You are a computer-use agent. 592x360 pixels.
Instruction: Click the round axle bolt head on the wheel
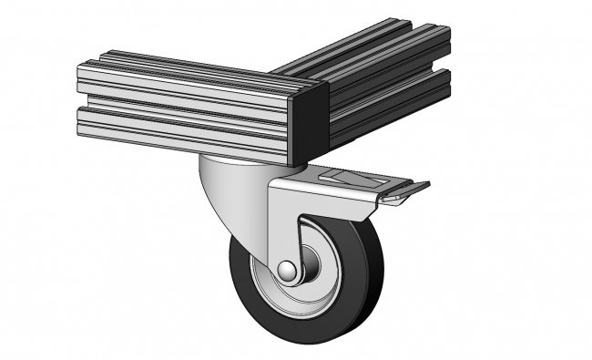tap(287, 271)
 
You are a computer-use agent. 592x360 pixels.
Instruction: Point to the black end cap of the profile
tap(309, 124)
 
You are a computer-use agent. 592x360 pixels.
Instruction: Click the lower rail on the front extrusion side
tap(182, 128)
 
